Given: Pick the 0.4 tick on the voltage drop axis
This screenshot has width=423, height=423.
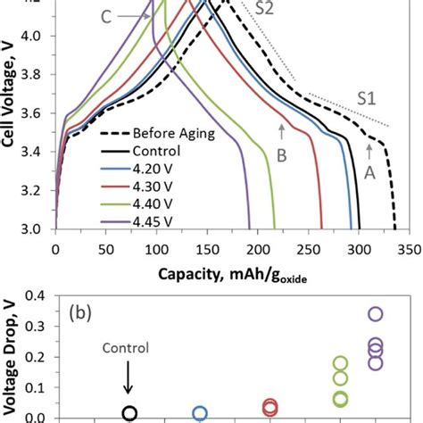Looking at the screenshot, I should coord(37,297).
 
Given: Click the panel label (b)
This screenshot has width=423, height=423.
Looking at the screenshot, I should coord(84,315).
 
